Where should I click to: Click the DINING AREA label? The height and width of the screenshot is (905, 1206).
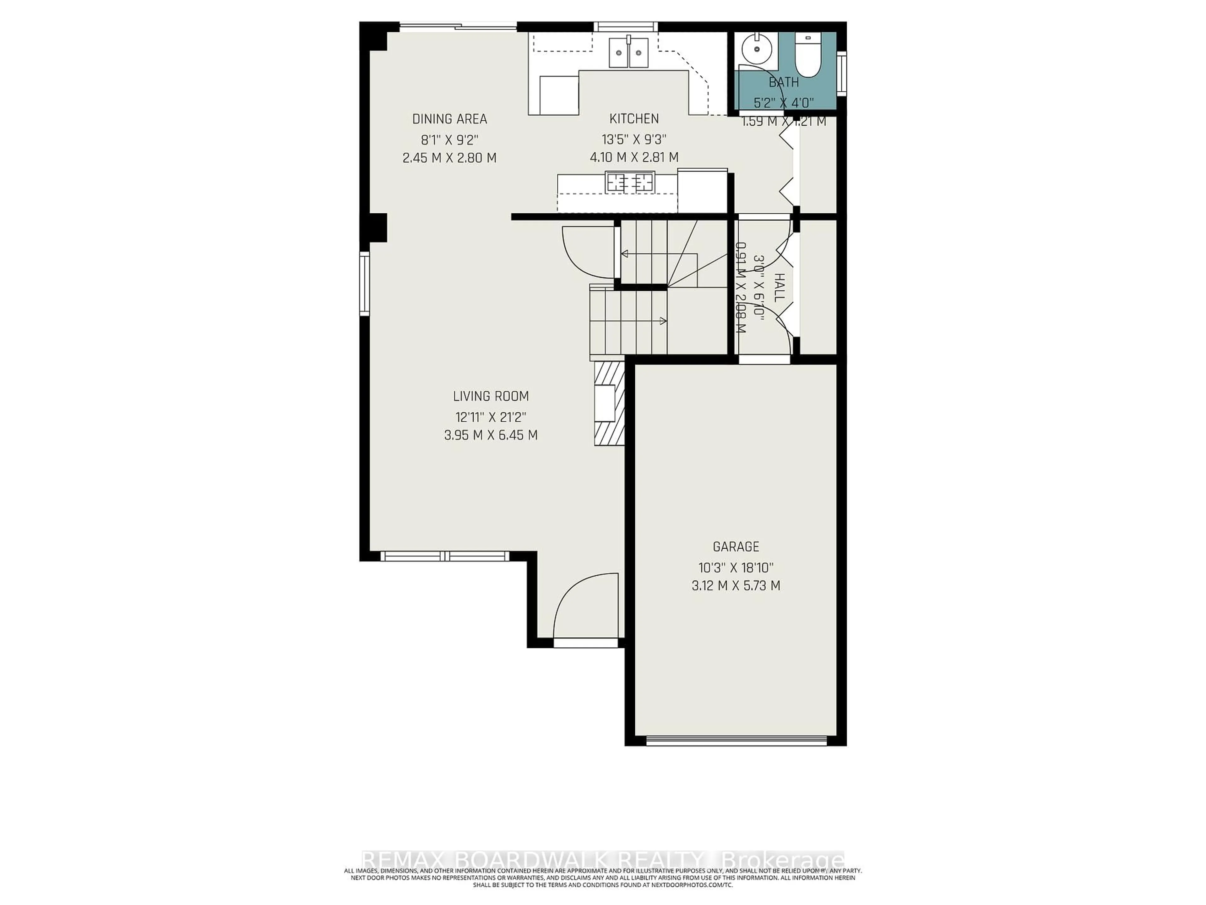tap(449, 119)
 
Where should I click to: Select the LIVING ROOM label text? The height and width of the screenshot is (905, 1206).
tap(491, 396)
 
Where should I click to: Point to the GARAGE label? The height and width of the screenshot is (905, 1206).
tap(736, 546)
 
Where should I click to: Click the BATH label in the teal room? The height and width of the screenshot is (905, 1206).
tap(784, 82)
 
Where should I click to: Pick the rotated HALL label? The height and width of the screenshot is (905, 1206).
tap(779, 288)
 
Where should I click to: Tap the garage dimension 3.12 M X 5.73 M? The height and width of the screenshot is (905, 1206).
tap(736, 586)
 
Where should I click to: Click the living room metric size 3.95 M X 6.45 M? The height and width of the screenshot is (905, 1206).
tap(491, 435)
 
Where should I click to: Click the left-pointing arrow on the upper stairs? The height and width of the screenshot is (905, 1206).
tap(624, 254)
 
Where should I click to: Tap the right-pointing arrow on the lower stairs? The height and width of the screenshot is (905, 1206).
tap(663, 321)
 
